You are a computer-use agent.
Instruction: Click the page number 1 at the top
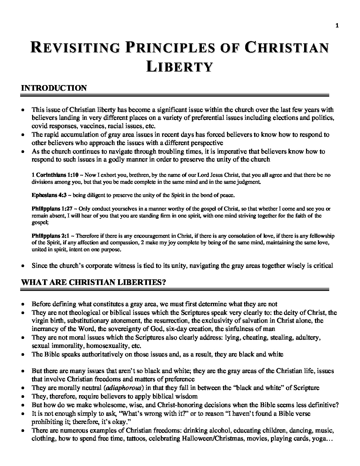point(337,25)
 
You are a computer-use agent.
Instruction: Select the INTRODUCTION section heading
point(54,88)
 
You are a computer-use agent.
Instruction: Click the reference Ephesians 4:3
point(48,195)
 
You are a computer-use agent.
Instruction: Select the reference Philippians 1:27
point(51,209)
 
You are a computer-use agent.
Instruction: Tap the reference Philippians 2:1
point(50,236)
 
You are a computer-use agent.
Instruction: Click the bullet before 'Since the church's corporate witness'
point(22,266)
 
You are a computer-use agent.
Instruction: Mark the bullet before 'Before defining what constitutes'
point(22,304)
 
